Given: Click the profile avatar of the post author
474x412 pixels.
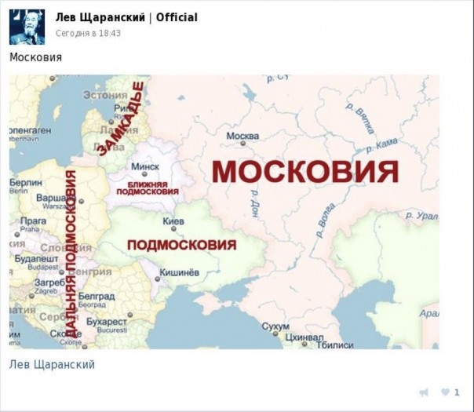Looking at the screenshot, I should (x=27, y=27).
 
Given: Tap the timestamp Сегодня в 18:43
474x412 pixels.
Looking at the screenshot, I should (x=88, y=33).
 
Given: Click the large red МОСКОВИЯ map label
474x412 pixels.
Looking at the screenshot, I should (x=304, y=171).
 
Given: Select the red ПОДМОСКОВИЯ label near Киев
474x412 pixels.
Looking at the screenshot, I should (x=181, y=245).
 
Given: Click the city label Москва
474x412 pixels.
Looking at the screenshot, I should (x=242, y=136).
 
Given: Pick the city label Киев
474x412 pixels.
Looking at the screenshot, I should (x=173, y=221).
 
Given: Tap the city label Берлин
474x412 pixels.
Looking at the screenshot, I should (x=26, y=182).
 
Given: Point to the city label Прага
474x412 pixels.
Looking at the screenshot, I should (x=34, y=221).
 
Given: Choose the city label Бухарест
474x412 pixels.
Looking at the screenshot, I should (x=106, y=322).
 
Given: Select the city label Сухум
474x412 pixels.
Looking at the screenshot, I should (x=275, y=326).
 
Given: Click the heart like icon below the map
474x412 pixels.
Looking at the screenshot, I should (x=446, y=392).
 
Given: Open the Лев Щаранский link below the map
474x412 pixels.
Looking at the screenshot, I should (x=52, y=364).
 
